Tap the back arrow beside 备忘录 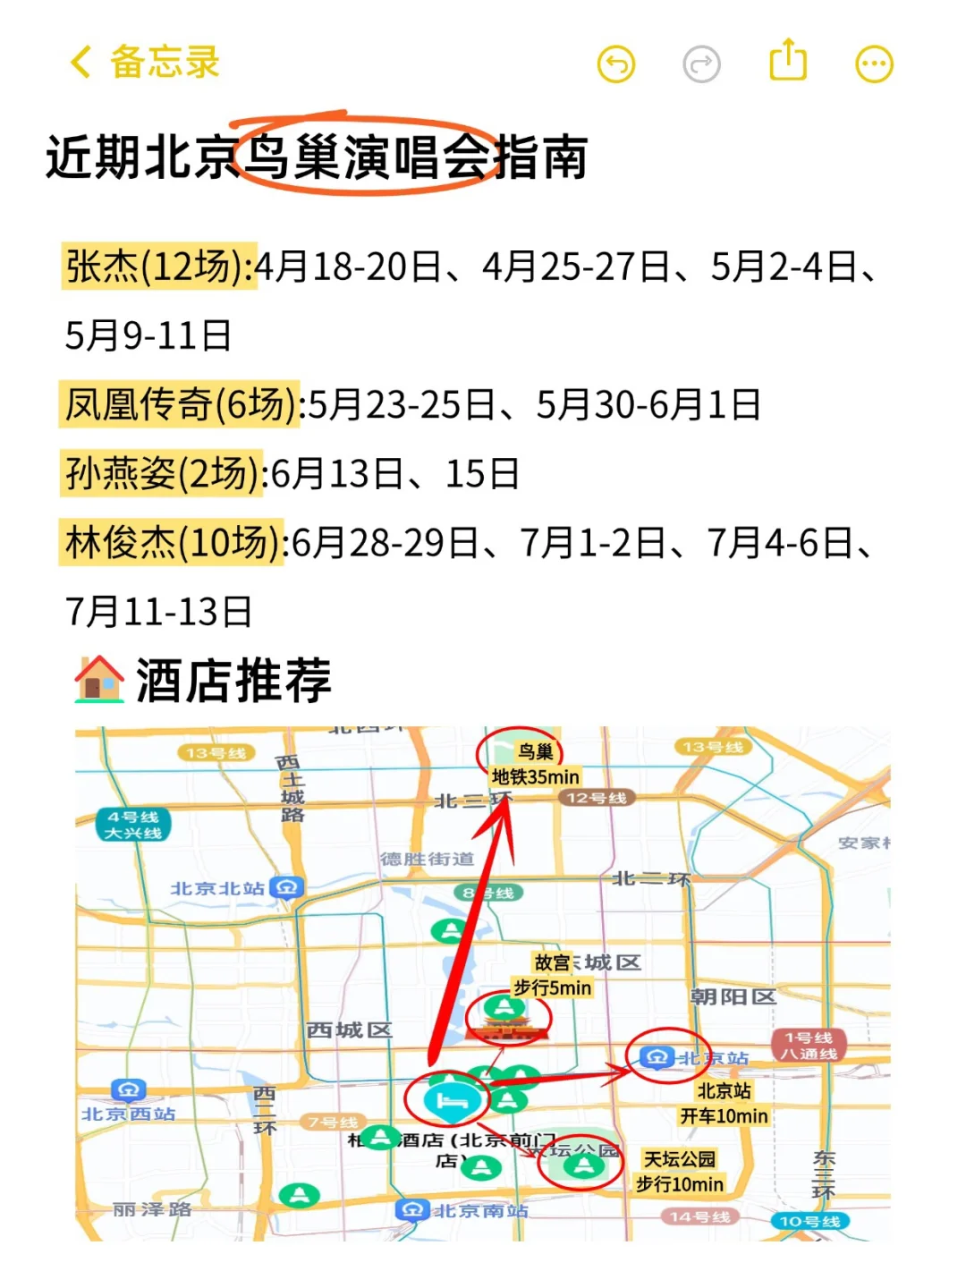pyautogui.click(x=80, y=63)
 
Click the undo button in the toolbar pyautogui.click(x=616, y=64)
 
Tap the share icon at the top pyautogui.click(x=788, y=61)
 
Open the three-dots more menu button pyautogui.click(x=874, y=64)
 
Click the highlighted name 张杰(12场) pyautogui.click(x=159, y=267)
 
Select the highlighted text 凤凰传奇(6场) pyautogui.click(x=181, y=404)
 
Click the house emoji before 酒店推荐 pyautogui.click(x=98, y=680)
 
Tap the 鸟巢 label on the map pyautogui.click(x=536, y=752)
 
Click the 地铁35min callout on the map pyautogui.click(x=536, y=777)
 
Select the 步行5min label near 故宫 pyautogui.click(x=552, y=987)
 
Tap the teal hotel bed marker pyautogui.click(x=447, y=1101)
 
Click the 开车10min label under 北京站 pyautogui.click(x=724, y=1116)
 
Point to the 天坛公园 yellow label pyautogui.click(x=680, y=1159)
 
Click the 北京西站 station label pyautogui.click(x=129, y=1114)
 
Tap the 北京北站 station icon pyautogui.click(x=287, y=887)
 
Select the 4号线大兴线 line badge pyautogui.click(x=133, y=825)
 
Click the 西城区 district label pyautogui.click(x=349, y=1030)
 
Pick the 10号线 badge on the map pyautogui.click(x=809, y=1221)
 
